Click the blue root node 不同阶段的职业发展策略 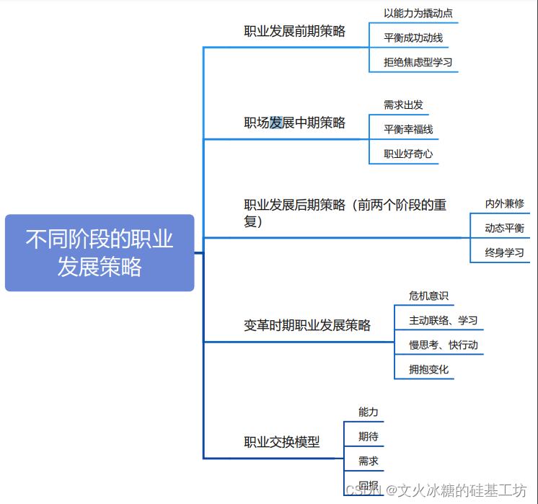[x=100, y=252]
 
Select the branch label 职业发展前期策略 [x=294, y=31]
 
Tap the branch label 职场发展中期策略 [x=294, y=123]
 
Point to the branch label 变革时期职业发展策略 [x=307, y=325]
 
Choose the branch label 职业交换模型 [x=281, y=442]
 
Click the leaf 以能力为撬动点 [x=418, y=13]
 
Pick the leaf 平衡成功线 [x=413, y=37]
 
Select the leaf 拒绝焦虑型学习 [x=418, y=62]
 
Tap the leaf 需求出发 [x=403, y=105]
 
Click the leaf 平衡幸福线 [x=408, y=129]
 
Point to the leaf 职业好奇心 [x=408, y=154]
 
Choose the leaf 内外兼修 [x=504, y=204]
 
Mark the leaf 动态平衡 [x=504, y=229]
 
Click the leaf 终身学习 [x=504, y=253]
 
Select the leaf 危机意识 [x=428, y=296]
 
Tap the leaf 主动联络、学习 [x=443, y=320]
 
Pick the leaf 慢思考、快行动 [x=443, y=345]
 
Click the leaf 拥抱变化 [x=428, y=369]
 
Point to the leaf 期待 [x=369, y=436]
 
